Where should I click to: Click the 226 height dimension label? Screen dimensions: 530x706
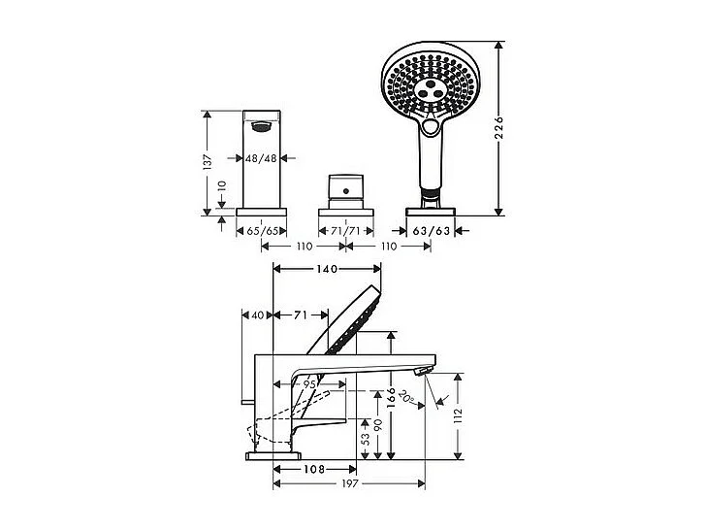point(498,127)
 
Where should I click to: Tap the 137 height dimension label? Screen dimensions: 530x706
point(207,162)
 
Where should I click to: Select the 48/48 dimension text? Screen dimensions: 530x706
point(262,158)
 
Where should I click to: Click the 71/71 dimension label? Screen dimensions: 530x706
point(347,231)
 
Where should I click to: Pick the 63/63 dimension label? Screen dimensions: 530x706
point(432,231)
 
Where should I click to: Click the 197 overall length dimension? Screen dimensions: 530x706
point(350,484)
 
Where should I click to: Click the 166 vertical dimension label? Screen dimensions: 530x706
point(391,397)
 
